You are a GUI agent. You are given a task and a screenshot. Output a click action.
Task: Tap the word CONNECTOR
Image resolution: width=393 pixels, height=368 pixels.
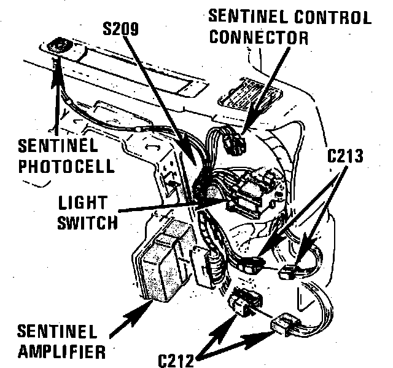point(259,36)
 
